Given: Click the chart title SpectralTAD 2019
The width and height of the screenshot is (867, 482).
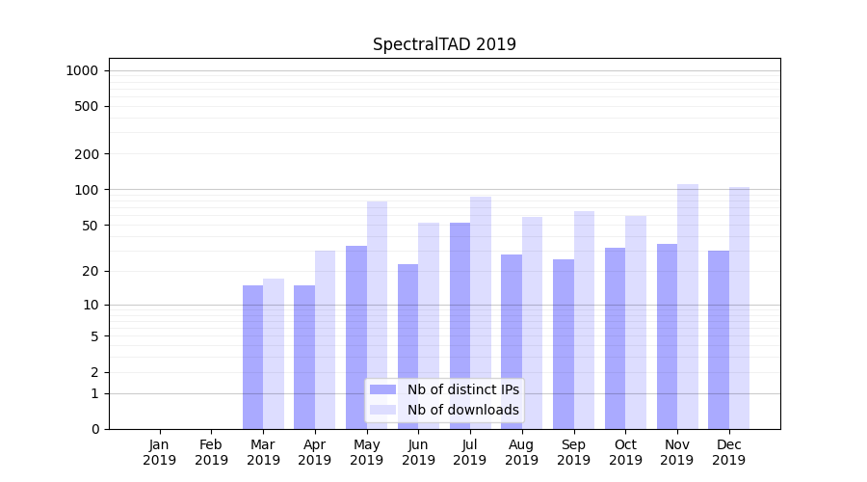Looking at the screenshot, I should tap(444, 44).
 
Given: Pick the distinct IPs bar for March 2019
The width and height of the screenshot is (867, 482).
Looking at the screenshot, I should tap(252, 357).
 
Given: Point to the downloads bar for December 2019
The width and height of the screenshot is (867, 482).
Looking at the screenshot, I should tap(739, 308).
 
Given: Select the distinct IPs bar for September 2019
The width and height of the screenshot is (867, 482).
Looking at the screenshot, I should tap(564, 344).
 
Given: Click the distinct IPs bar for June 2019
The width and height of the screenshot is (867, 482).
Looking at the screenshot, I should tap(408, 346).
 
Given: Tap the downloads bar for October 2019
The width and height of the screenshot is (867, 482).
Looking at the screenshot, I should tap(636, 322).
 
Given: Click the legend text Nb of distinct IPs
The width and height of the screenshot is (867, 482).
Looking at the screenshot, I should tap(462, 389).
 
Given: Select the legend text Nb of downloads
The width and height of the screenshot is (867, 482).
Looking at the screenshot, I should tap(462, 410).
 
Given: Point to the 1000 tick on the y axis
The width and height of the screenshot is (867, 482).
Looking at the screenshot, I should tap(83, 70).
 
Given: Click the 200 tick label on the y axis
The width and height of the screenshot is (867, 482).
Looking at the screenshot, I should tap(88, 154).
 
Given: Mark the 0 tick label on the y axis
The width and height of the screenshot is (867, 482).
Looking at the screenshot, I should tap(95, 429).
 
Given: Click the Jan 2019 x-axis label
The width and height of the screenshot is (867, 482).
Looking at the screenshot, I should tap(160, 452).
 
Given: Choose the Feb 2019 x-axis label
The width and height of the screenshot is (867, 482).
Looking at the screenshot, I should tap(212, 452).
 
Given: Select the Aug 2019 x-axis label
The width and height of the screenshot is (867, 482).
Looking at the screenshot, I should tap(522, 452).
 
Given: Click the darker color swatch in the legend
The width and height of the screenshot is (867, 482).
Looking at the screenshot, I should tap(382, 389).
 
